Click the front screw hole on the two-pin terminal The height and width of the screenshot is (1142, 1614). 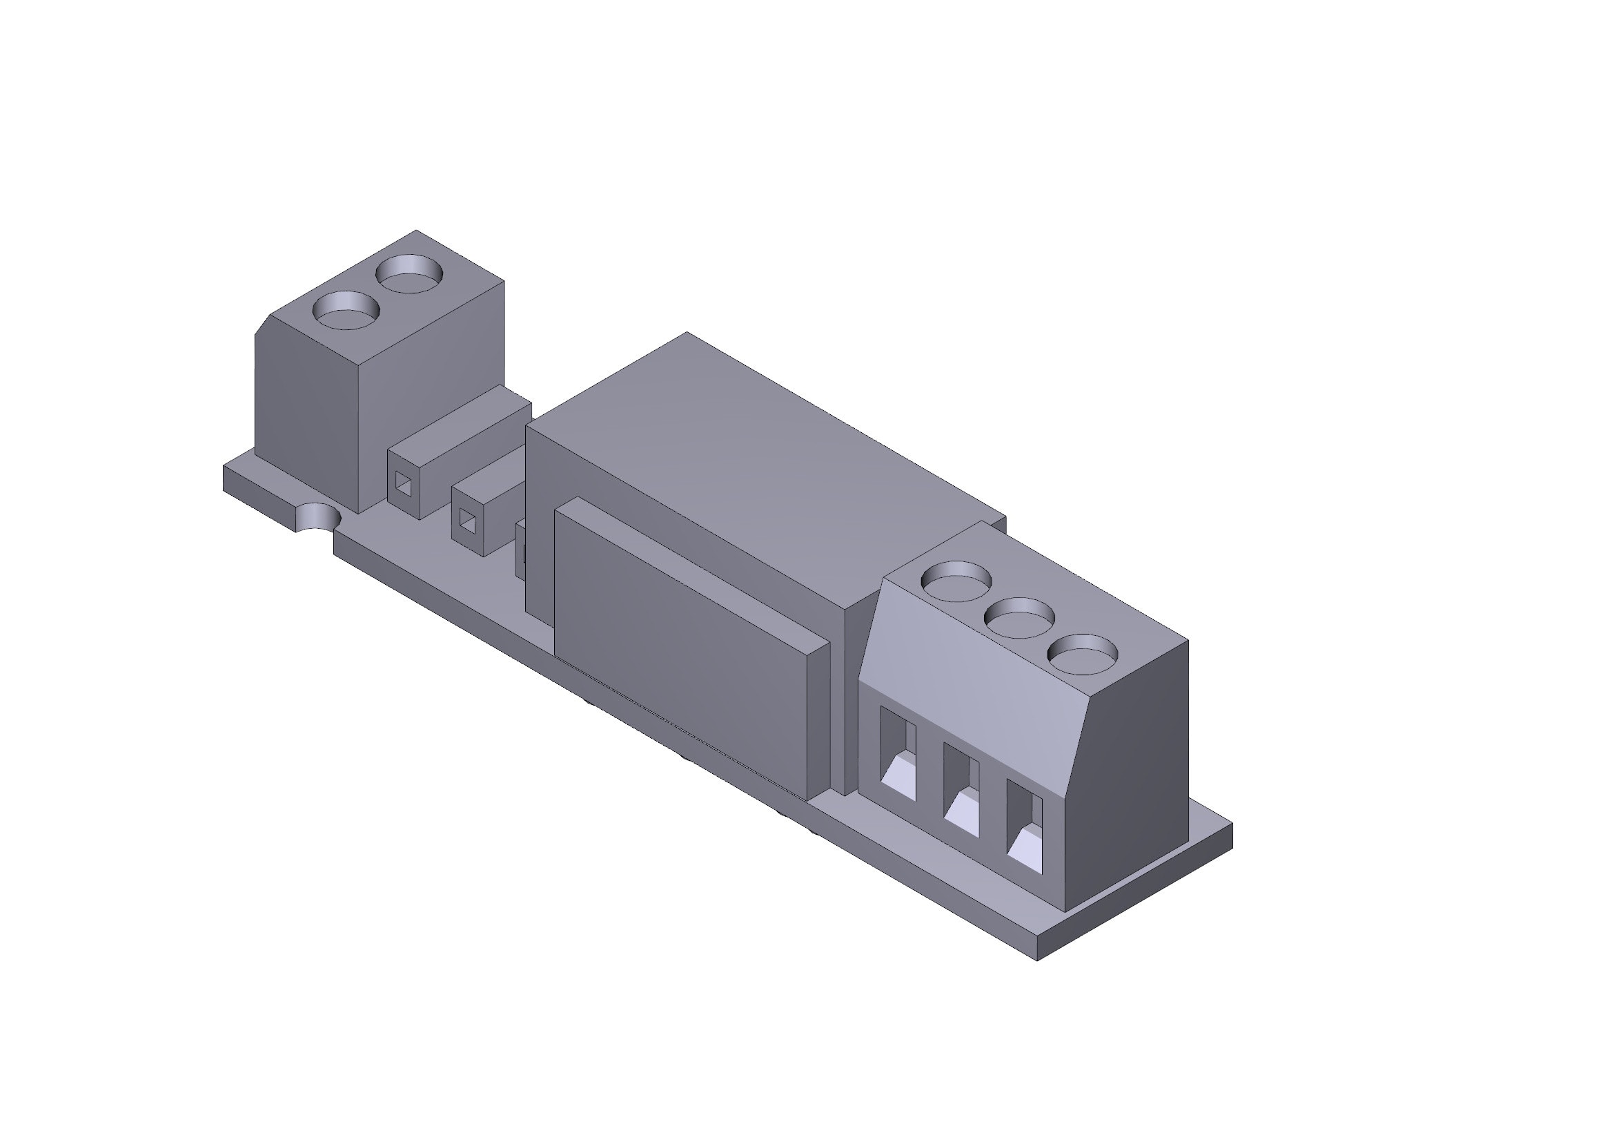pyautogui.click(x=345, y=311)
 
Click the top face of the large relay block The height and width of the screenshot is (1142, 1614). pyautogui.click(x=759, y=450)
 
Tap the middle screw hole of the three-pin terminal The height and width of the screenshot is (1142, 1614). pyautogui.click(x=1019, y=617)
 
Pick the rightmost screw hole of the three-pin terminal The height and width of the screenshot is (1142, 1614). pyautogui.click(x=1083, y=654)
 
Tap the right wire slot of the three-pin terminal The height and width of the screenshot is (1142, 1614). pyautogui.click(x=1025, y=840)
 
